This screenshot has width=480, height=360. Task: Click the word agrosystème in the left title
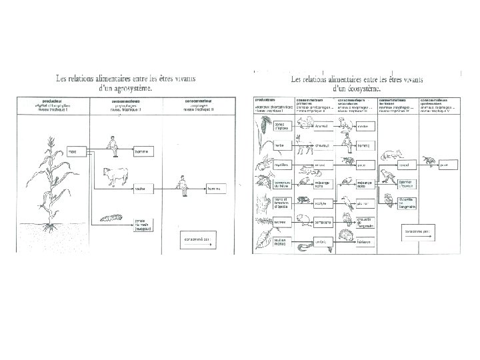coord(131,87)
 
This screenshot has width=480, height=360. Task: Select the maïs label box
coord(73,152)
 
